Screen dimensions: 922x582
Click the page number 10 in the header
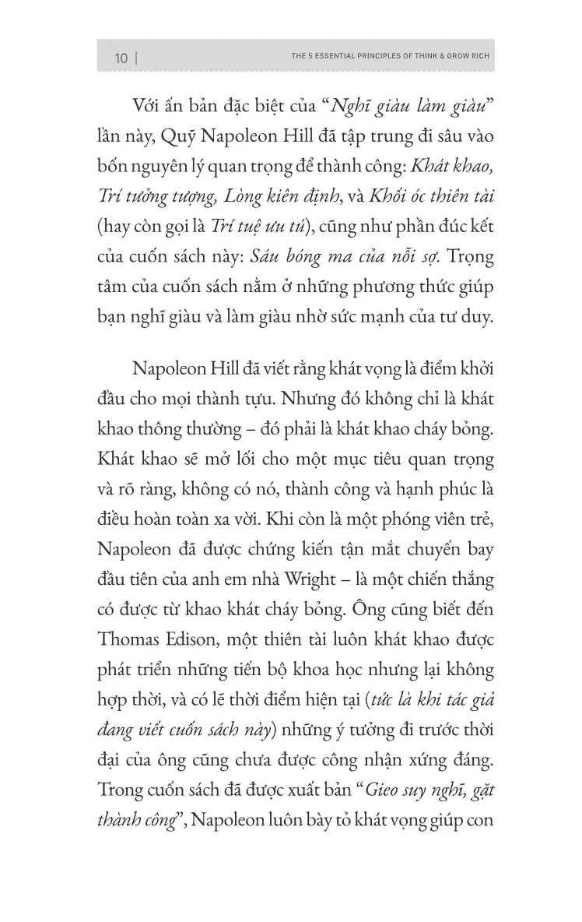tap(121, 58)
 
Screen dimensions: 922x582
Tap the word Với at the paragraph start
tap(149, 107)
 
